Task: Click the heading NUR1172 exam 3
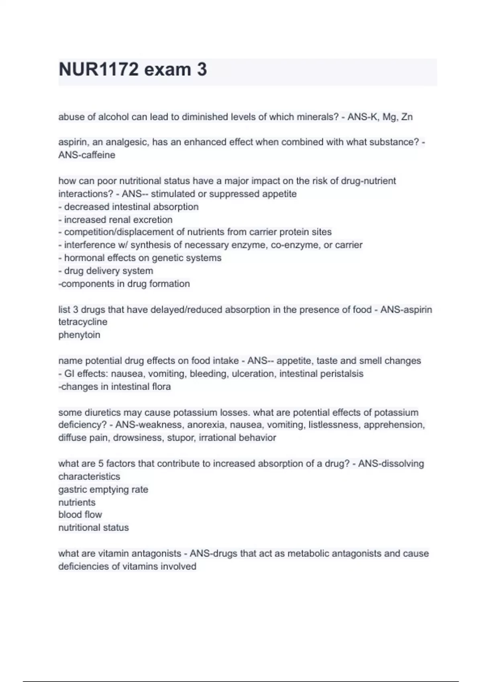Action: coord(133,69)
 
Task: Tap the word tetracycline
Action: coord(83,322)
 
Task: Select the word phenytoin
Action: coord(79,335)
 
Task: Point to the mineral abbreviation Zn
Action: coord(407,117)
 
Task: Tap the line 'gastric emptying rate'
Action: coord(103,489)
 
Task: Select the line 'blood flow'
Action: coord(80,515)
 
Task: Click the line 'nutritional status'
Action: coord(94,528)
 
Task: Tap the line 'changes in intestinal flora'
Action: coord(115,387)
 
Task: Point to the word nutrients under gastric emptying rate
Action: coord(77,502)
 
